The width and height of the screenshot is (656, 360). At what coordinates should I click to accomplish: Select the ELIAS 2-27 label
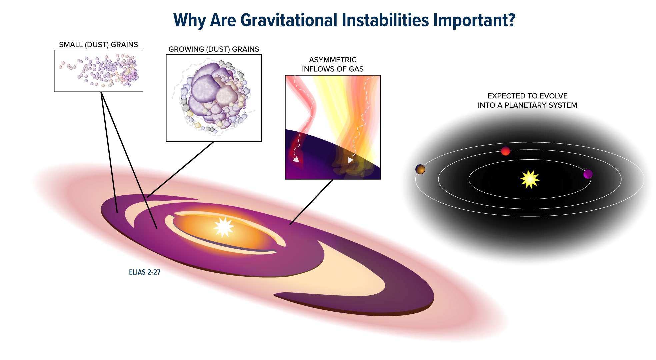coord(145,272)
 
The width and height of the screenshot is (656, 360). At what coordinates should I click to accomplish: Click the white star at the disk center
coord(224,227)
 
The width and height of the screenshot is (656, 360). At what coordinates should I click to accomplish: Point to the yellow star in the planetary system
coord(530,179)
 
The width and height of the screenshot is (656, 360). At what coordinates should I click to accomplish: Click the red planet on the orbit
coord(506,151)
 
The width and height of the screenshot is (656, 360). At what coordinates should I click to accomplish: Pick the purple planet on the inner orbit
coord(588,174)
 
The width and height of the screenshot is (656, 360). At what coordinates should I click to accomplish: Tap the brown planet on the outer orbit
coord(420,169)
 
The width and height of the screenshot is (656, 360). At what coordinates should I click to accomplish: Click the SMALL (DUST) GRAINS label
coord(98,45)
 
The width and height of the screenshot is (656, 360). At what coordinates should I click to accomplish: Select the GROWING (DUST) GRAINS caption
coord(214,49)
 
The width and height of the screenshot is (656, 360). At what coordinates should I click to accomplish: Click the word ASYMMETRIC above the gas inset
coord(333,60)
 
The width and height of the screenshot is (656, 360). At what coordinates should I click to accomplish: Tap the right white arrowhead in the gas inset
coord(350,160)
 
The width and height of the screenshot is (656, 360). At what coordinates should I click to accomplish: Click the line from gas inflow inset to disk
coord(312,202)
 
